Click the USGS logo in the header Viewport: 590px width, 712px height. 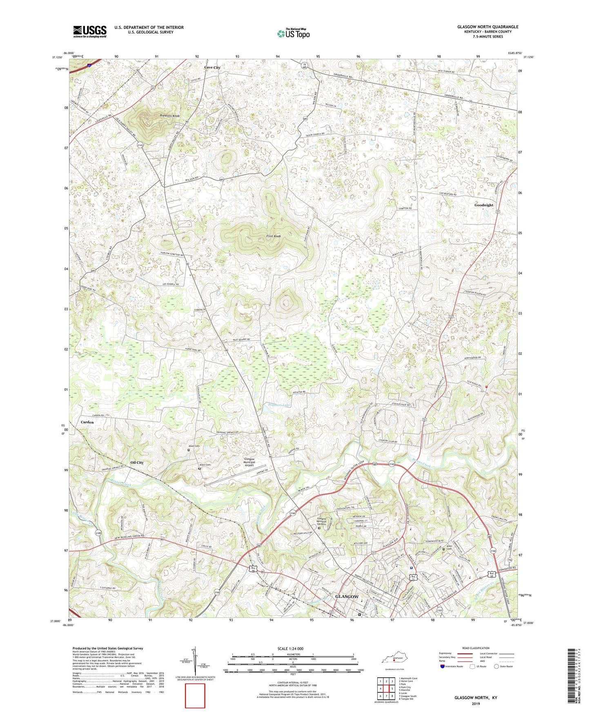point(90,31)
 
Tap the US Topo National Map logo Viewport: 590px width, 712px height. point(293,33)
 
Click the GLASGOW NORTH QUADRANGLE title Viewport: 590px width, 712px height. point(488,27)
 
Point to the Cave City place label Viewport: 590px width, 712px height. point(212,67)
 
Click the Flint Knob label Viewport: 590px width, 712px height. point(274,237)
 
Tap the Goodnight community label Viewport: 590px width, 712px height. point(484,205)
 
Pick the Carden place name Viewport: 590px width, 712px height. point(87,422)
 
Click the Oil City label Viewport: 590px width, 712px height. point(137,462)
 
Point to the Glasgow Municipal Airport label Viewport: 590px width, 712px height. point(249,462)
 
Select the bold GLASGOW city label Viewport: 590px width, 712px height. point(347,596)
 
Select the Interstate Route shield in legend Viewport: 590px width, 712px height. point(443,666)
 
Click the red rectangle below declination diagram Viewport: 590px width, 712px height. point(195,696)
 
